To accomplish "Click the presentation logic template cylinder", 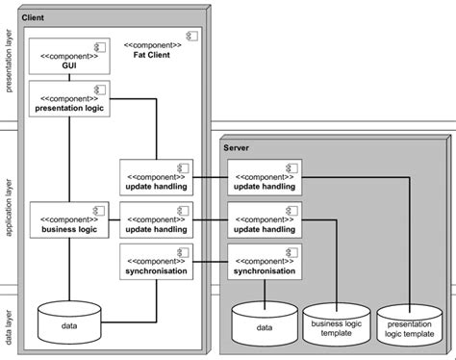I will click(411, 328).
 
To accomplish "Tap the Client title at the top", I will click(33, 18).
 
